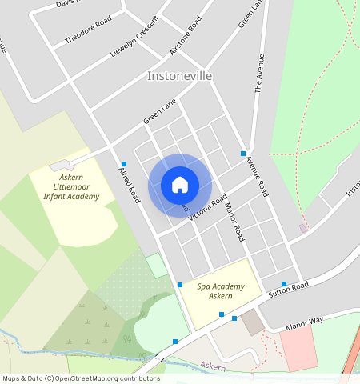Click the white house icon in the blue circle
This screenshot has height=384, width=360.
point(180,185)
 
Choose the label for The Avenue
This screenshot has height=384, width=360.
point(258,74)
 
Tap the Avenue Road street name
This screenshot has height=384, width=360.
point(257,177)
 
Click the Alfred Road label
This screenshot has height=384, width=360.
point(129,185)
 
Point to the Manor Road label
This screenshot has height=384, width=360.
point(234,222)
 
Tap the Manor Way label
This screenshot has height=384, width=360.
point(305,322)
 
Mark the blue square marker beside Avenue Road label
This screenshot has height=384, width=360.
point(243,154)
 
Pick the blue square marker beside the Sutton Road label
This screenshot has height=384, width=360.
point(284,284)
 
